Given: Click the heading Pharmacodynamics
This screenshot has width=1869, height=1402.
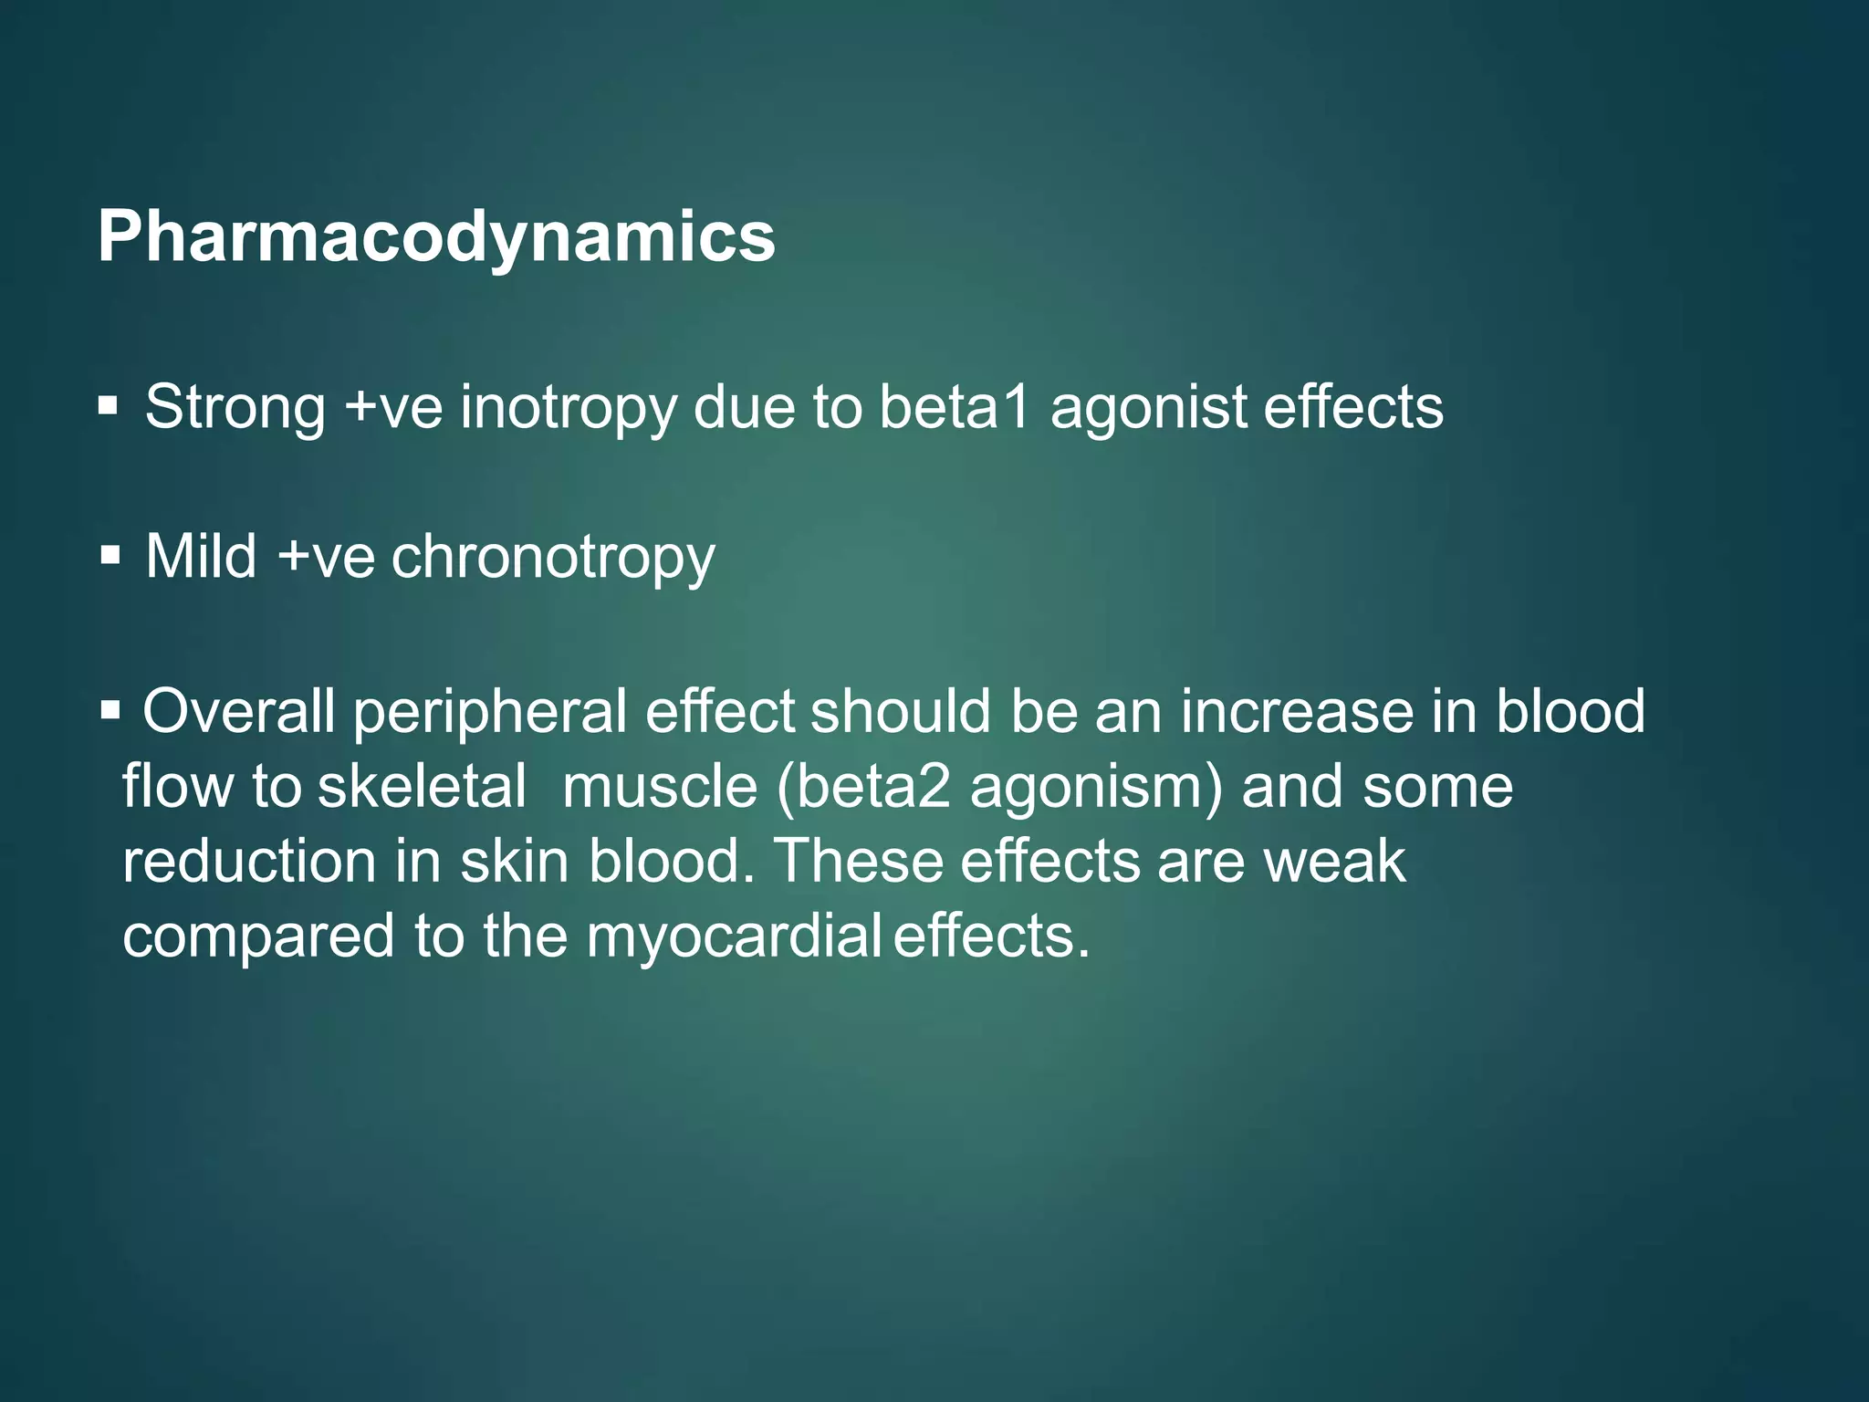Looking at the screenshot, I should pos(436,237).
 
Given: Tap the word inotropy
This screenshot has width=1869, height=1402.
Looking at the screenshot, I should pos(568,408).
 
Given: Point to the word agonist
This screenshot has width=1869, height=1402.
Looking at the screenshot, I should pos(1148,408).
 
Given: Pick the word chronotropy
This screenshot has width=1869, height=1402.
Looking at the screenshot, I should pos(553,558).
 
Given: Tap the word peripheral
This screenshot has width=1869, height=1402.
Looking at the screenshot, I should pos(490,713).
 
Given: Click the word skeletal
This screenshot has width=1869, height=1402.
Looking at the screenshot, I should pos(422,786).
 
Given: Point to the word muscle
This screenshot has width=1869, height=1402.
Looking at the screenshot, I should pos(659,786).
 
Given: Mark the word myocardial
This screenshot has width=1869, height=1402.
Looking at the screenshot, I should pos(733,937).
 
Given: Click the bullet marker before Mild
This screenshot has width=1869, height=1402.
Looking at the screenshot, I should pos(110,554).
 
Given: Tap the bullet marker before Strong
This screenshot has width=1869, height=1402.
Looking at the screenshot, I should pos(109,404).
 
